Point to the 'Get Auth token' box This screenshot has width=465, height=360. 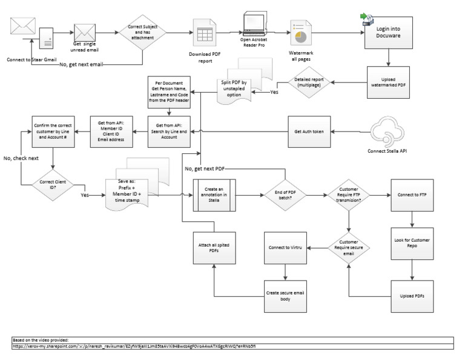coord(309,132)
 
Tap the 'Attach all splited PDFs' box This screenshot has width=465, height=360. coord(214,248)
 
